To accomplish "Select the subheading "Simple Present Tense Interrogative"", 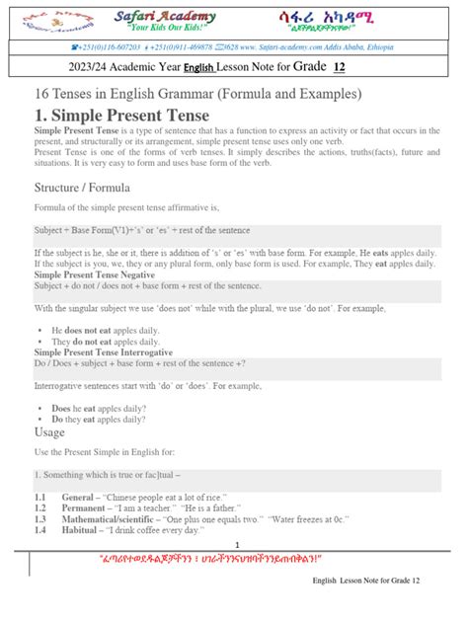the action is pos(104,351).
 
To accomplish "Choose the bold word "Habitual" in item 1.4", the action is pos(80,529).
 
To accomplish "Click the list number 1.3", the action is pos(40,518).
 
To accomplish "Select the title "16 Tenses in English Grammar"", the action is pos(197,93).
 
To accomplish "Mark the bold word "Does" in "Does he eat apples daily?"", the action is pos(61,407).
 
